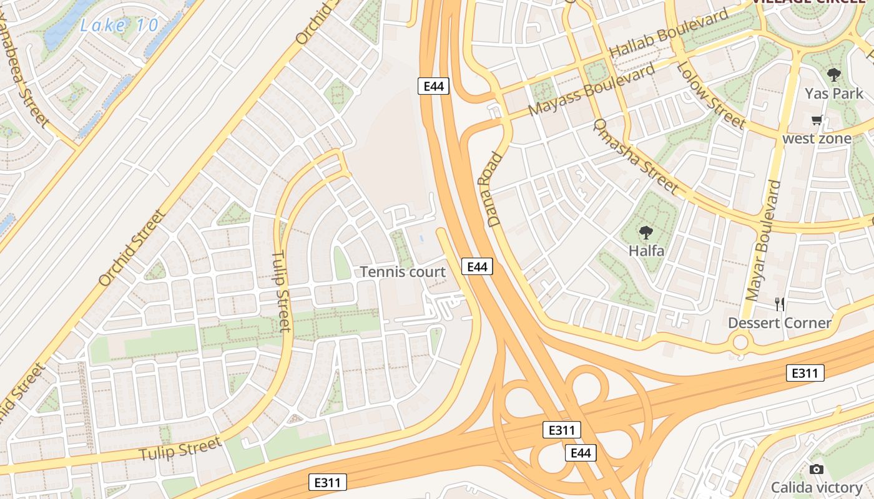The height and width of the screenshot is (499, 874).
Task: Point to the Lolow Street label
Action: click(712, 95)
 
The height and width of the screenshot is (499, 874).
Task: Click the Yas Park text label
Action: click(833, 94)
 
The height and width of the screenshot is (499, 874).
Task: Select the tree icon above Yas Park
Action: click(833, 75)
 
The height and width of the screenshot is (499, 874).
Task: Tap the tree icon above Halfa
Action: click(646, 233)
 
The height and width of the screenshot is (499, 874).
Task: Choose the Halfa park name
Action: click(646, 251)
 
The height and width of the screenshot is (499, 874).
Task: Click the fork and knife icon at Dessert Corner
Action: click(779, 304)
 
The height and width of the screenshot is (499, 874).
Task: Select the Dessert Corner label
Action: click(779, 323)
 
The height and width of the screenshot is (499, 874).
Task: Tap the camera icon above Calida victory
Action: click(816, 470)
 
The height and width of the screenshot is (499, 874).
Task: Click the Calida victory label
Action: click(816, 487)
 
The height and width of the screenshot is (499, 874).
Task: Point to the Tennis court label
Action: click(403, 272)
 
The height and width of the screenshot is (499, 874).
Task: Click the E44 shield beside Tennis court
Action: click(477, 267)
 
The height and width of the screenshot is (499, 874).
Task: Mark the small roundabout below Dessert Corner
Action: click(740, 342)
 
